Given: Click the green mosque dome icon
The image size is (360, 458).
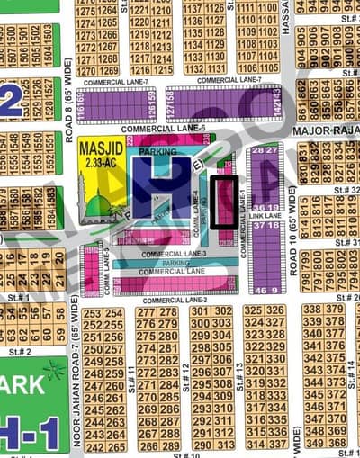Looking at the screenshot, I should (x=97, y=207).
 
